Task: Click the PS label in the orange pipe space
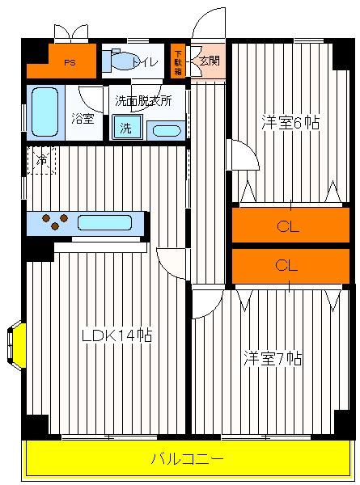click(x=70, y=63)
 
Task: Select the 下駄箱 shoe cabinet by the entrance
click(x=178, y=61)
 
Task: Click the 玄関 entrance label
click(x=210, y=61)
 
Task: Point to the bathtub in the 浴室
click(x=45, y=112)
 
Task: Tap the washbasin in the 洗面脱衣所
click(x=167, y=131)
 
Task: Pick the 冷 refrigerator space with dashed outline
click(x=41, y=161)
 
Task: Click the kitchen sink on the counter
click(x=104, y=223)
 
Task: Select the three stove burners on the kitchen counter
click(x=55, y=221)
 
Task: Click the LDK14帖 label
click(x=116, y=335)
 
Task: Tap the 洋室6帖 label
click(x=290, y=123)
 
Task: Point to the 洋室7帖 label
click(x=273, y=358)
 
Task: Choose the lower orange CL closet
click(x=290, y=266)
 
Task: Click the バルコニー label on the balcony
click(x=187, y=458)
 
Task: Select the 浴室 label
click(x=83, y=119)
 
